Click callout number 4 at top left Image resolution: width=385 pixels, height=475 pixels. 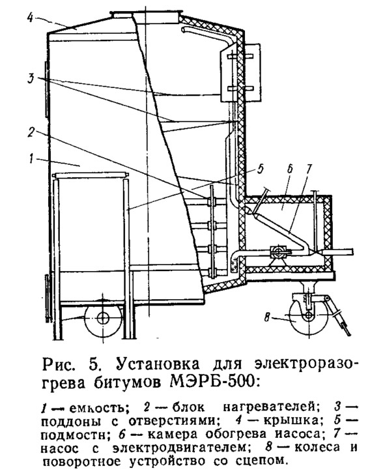(30, 18)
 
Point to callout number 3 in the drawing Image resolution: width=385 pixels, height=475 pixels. (31, 78)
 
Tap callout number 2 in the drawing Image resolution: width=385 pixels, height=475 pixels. (31, 132)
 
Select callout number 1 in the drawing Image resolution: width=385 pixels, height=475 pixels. (31, 159)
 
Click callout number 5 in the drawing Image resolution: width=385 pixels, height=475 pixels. (261, 169)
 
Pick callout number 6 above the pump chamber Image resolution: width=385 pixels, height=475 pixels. (290, 169)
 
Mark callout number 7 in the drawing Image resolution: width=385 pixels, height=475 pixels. (309, 169)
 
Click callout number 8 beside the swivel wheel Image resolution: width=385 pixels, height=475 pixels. (267, 318)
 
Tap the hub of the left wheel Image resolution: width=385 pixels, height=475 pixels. (103, 319)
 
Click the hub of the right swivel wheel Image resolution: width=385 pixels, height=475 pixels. (307, 315)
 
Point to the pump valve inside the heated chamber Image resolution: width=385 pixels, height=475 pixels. (278, 252)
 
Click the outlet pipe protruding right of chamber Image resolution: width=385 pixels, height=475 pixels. (338, 252)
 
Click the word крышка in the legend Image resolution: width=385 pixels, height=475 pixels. (291, 421)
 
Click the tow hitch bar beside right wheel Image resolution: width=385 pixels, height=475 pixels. (339, 316)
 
